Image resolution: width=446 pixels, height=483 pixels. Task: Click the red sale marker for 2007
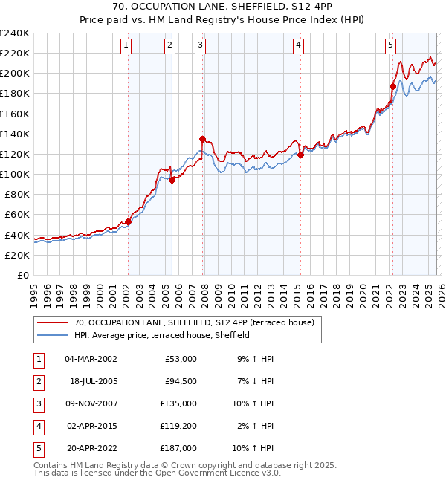[x=202, y=138]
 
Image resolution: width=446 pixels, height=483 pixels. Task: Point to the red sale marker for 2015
[x=300, y=155]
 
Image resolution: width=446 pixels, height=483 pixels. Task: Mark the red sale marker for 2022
[x=392, y=86]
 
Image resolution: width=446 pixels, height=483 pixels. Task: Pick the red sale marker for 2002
[x=128, y=221]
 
